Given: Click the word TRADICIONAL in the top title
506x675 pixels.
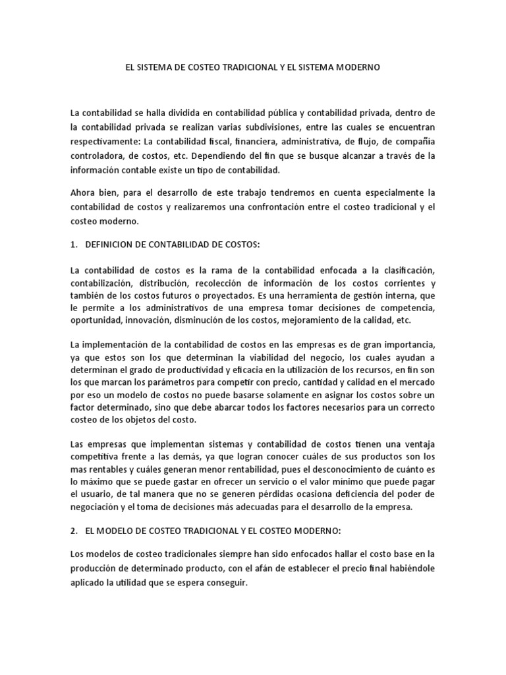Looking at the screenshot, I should pyautogui.click(x=245, y=68).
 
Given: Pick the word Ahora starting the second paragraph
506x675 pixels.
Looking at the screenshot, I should pyautogui.click(x=83, y=193).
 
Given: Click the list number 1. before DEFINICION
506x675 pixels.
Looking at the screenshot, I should pyautogui.click(x=73, y=245).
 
